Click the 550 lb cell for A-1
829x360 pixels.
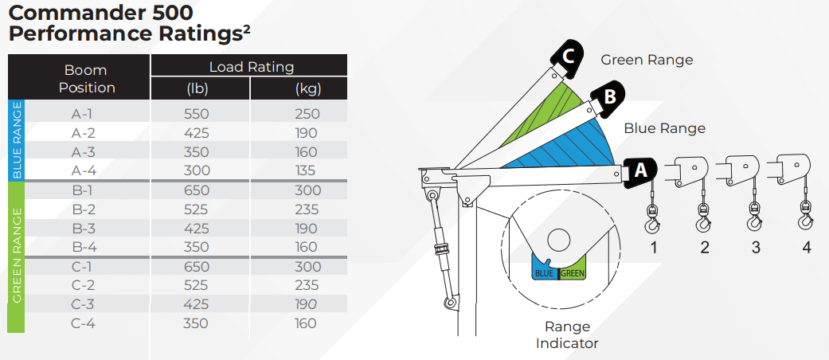pyautogui.click(x=196, y=114)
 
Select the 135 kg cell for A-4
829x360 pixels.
pyautogui.click(x=306, y=170)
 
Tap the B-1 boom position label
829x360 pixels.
pyautogui.click(x=84, y=190)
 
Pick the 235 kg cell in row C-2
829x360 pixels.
pyautogui.click(x=306, y=285)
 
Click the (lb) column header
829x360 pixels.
pyautogui.click(x=197, y=89)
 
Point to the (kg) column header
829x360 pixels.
pyautogui.click(x=308, y=89)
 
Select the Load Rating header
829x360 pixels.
pyautogui.click(x=252, y=67)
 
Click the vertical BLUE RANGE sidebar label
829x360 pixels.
pyautogui.click(x=17, y=141)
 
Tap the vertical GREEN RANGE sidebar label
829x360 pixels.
pyautogui.click(x=17, y=256)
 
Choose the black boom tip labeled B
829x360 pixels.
pyautogui.click(x=607, y=100)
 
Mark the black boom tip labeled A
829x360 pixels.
pyautogui.click(x=639, y=173)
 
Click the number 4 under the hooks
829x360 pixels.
pyautogui.click(x=806, y=247)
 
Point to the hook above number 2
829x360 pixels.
pyautogui.click(x=703, y=217)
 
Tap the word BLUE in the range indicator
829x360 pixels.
pyautogui.click(x=544, y=274)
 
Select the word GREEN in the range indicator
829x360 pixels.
pyautogui.click(x=573, y=274)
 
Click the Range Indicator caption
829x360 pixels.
pyautogui.click(x=567, y=335)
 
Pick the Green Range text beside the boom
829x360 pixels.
pyautogui.click(x=647, y=60)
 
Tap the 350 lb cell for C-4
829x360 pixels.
pyautogui.click(x=196, y=323)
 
